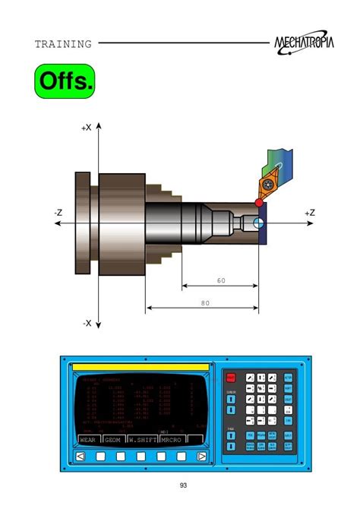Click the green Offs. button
(x=65, y=81)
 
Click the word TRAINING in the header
(x=63, y=44)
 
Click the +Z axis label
(x=310, y=213)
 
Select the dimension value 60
(x=221, y=280)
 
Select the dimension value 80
(x=204, y=302)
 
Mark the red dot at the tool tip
(x=259, y=203)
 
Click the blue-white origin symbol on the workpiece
(x=259, y=223)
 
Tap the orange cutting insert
(x=269, y=185)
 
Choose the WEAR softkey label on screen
(x=87, y=439)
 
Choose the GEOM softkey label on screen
(x=112, y=439)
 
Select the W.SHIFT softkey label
(x=142, y=439)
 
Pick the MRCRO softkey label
(x=172, y=439)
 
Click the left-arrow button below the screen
(x=80, y=457)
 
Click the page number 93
(x=183, y=486)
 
